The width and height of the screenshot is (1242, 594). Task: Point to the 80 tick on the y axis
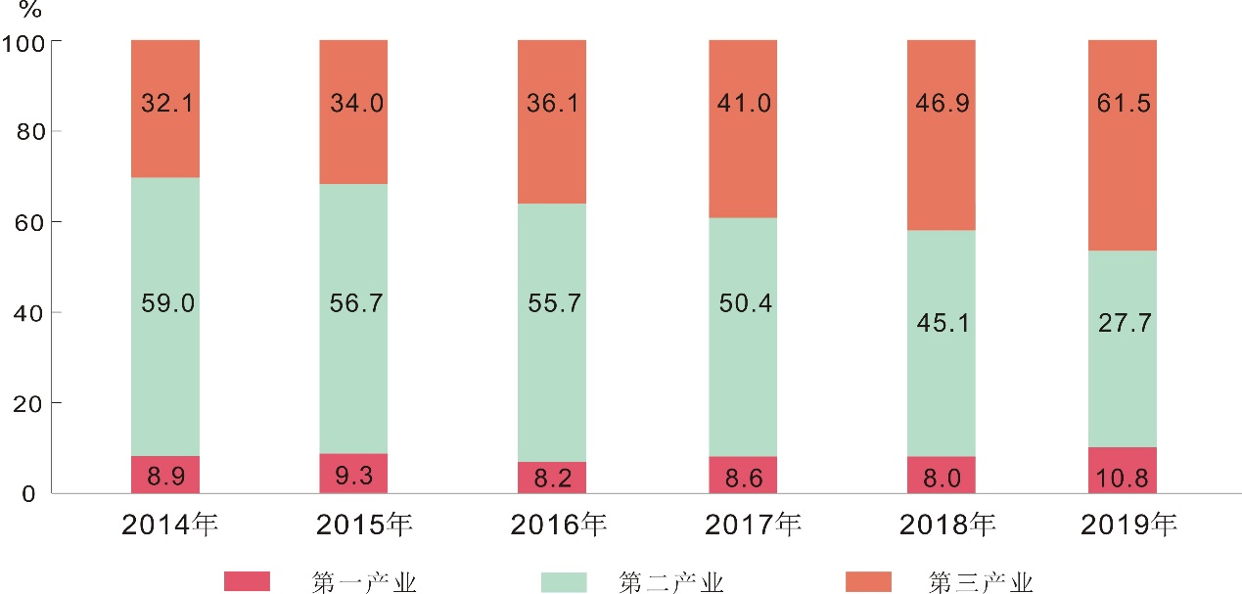(x=32, y=131)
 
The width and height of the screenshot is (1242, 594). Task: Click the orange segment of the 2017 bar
(x=743, y=157)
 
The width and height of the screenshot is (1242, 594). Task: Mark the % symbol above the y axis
(x=30, y=12)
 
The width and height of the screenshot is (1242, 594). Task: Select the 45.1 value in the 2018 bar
(x=942, y=322)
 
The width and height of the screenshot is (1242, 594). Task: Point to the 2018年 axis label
(x=946, y=525)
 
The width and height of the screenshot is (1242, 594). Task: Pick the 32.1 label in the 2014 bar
(x=165, y=104)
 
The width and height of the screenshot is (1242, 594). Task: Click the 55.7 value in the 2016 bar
(x=552, y=303)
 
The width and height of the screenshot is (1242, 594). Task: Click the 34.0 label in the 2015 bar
(x=353, y=104)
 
